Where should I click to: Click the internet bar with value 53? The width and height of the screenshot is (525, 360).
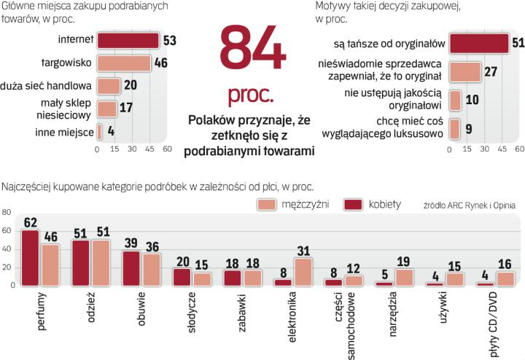point(128,40)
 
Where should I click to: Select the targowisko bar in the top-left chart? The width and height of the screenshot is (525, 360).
point(124,63)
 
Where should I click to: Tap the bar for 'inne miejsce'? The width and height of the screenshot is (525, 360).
point(100,132)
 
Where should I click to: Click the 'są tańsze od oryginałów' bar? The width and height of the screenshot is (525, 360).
point(479,43)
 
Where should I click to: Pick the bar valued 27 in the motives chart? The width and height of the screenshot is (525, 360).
point(465,71)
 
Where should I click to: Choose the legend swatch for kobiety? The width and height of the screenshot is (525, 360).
point(354,206)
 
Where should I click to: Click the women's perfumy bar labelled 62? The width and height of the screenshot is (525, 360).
point(30,258)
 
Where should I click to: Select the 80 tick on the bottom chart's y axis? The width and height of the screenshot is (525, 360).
point(7,212)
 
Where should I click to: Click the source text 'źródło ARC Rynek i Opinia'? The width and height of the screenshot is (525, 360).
point(468,206)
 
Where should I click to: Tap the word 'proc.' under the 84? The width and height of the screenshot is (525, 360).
point(250,95)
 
